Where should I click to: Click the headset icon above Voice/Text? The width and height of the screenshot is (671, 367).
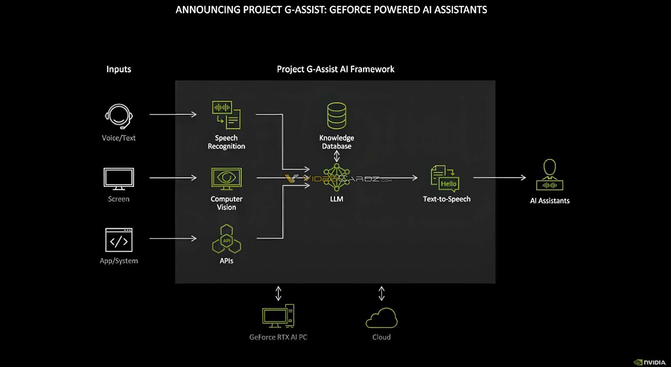point(119,116)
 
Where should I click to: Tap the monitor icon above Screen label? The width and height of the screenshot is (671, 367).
point(119,178)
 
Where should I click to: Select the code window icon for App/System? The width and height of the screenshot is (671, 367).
point(119,240)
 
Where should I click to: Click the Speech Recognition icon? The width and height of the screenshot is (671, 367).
point(226,115)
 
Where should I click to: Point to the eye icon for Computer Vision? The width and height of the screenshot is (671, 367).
point(226,178)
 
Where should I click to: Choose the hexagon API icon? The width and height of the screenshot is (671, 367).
point(226,239)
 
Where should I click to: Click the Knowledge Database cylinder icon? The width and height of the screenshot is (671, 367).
point(337,116)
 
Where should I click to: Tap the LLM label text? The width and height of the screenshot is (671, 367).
point(337,199)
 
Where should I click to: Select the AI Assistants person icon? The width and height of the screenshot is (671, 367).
point(550,175)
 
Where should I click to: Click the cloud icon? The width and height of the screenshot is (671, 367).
point(381,318)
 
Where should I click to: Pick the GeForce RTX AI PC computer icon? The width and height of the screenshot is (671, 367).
point(278,316)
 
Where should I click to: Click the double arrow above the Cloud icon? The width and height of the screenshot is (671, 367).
point(382,294)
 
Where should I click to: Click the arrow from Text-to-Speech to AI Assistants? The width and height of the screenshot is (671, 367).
point(499,178)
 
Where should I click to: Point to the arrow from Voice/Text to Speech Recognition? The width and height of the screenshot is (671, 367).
point(173,114)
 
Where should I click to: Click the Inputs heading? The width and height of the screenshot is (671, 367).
point(119,69)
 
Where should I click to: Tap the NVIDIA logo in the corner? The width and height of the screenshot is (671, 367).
point(650,362)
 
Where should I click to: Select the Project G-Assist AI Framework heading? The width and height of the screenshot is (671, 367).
point(335,69)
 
